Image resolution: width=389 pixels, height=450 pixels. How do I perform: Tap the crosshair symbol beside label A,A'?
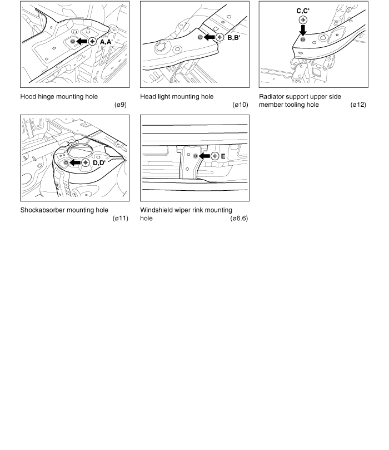92,41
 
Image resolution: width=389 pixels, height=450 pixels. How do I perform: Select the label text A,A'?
106,41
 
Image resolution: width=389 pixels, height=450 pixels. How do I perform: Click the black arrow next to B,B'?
210,37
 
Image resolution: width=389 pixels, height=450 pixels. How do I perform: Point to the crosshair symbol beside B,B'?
220,37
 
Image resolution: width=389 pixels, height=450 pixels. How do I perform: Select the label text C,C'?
303,9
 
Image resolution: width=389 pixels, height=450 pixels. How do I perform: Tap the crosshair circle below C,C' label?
303,19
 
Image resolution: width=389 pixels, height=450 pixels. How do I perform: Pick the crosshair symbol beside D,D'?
86,162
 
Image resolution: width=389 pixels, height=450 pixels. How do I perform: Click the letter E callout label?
223,156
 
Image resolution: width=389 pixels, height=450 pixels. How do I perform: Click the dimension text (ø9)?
120,105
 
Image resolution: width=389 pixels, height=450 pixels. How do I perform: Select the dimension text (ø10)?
240,105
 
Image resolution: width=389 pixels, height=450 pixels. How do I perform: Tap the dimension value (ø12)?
358,105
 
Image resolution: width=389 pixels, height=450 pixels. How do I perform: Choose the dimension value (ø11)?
120,218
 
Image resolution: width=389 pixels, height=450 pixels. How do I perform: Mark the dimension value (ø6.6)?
239,218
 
